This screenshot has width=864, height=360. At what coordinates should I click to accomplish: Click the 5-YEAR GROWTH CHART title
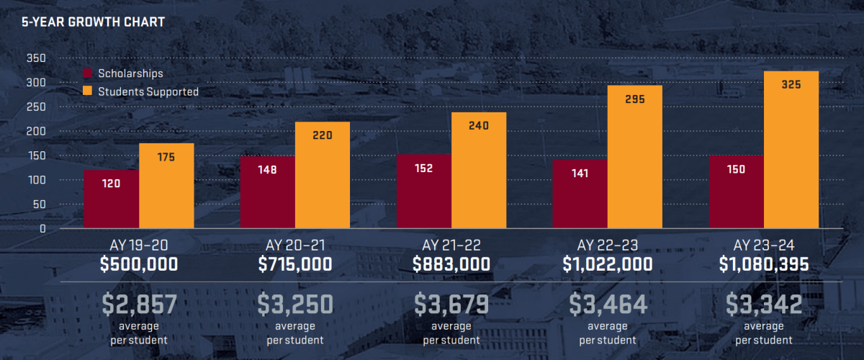pos(93,22)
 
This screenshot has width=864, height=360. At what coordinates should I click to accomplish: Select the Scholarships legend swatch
pos(88,73)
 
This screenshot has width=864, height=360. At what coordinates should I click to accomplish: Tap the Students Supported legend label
pos(148,92)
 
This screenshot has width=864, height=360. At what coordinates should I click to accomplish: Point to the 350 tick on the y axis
pos(36,58)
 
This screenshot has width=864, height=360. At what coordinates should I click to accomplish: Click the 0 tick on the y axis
pos(42,229)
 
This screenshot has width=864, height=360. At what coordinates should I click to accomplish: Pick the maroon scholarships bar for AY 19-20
pos(112,199)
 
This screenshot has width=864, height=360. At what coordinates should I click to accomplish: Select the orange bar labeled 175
pos(166,186)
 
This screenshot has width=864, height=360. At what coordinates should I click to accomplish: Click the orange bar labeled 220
pos(323,175)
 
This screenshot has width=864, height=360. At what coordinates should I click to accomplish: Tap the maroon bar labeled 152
pos(424,192)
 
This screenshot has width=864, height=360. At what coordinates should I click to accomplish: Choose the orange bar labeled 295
pos(635,157)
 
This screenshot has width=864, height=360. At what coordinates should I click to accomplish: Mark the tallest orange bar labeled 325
pos(791,150)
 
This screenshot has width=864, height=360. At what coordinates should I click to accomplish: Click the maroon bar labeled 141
pos(580,194)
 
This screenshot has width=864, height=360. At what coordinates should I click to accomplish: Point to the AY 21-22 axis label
pos(451,246)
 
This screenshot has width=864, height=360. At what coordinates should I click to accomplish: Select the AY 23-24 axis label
pos(764,246)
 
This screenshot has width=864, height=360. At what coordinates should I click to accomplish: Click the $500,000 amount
pos(139,264)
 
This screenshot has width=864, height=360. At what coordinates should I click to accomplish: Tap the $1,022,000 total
pos(608,264)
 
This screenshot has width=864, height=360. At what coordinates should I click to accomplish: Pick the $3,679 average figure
pos(451,304)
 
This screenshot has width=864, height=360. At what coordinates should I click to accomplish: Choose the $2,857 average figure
pos(139,304)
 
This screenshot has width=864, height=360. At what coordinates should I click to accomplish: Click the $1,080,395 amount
pos(764,264)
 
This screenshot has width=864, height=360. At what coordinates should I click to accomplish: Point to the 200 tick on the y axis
pos(36,131)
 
